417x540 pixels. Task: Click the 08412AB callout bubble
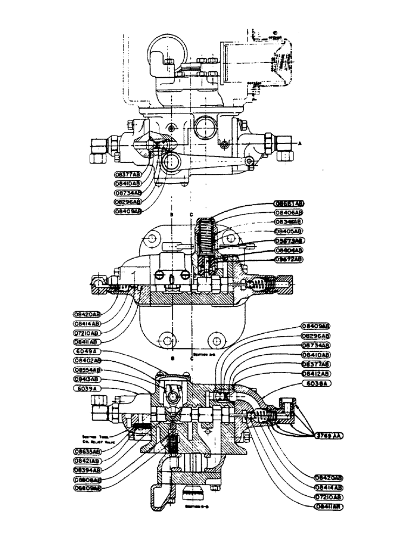coord(315,374)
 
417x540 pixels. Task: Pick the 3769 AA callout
coord(329,435)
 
